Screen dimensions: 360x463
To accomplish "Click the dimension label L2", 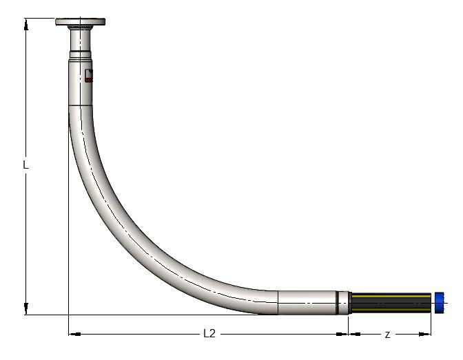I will coord(209,334).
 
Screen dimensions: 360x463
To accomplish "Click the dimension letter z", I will coord(387,334).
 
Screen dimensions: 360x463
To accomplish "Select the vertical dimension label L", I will coord(25,165).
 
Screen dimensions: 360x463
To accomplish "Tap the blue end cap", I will coord(438,301).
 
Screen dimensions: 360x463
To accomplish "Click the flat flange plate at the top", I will coord(81,22).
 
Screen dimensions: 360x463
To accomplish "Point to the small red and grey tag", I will coord(88,76).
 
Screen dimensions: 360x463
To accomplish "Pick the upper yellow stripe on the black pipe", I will coord(391,296).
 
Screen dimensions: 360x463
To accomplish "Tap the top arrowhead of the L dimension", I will coord(25,23).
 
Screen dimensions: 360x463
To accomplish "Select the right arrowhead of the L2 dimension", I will coord(344,334).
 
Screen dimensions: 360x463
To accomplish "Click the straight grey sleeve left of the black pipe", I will coord(306,301).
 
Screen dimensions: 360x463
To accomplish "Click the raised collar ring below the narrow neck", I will coord(81,53).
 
